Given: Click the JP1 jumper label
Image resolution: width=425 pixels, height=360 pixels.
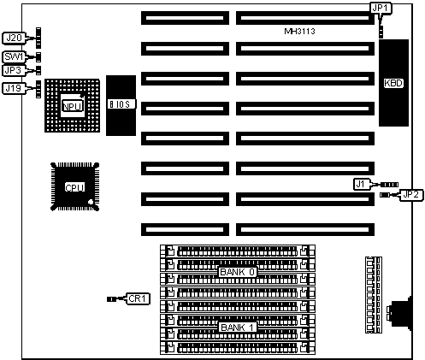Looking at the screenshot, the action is (x=381, y=9).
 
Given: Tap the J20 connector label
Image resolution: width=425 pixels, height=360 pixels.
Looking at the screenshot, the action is (x=14, y=38).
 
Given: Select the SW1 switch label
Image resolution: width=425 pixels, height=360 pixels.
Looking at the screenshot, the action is (x=14, y=56).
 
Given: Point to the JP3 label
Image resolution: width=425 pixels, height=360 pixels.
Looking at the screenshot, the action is (x=13, y=70).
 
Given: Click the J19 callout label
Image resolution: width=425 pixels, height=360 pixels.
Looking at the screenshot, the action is (x=14, y=88).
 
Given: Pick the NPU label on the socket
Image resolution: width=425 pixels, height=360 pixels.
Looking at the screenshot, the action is (x=73, y=106).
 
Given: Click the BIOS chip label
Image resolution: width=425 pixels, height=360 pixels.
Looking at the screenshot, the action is (x=121, y=104).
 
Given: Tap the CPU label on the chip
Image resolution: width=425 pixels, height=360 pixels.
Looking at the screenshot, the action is (x=74, y=188).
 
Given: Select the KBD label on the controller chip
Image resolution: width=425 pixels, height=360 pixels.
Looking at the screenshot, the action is (x=393, y=83).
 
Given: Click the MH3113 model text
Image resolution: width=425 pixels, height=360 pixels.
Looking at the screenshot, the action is (x=300, y=31).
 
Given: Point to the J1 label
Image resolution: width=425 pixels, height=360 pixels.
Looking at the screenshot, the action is (x=361, y=184).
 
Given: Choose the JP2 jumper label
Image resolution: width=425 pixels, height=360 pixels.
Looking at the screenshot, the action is (x=411, y=195).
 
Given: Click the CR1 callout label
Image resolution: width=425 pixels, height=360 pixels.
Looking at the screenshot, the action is (x=138, y=298).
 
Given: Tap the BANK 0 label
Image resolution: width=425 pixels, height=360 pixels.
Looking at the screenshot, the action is (x=238, y=272).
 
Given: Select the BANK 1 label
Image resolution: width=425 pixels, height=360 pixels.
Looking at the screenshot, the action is (x=238, y=328).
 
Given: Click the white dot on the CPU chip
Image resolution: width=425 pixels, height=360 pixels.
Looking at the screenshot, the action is (x=91, y=202).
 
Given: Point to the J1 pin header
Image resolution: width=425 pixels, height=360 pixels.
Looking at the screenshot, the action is (x=389, y=185).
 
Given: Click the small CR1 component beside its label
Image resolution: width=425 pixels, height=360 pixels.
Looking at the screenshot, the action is (x=111, y=299).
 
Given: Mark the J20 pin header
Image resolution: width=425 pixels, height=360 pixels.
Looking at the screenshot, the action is (x=38, y=38).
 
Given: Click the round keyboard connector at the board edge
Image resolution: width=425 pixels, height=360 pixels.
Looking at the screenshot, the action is (x=400, y=313).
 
